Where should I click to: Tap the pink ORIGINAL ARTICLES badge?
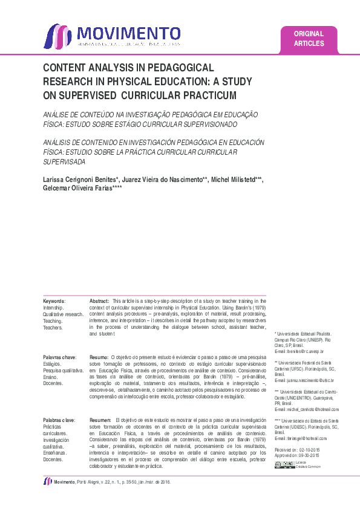(309, 39)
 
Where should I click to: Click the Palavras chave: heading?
(59, 358)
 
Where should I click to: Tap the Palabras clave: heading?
(59, 420)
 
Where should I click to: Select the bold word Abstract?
(99, 300)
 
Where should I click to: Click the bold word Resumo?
(99, 358)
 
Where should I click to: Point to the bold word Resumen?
(100, 420)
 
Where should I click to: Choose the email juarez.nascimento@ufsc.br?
(303, 380)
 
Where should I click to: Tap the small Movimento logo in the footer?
(47, 481)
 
